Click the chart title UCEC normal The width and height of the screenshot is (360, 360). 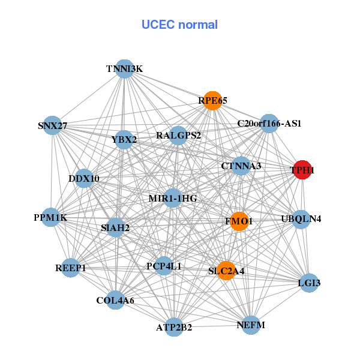coord(179,25)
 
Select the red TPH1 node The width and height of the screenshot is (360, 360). coord(301,170)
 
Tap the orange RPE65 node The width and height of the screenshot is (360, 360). coord(213,101)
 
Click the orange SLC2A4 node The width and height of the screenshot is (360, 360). coord(226,271)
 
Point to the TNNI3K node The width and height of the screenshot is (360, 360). coord(124,69)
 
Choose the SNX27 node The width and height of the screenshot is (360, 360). coord(52,125)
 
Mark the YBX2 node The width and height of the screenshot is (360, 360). coord(124,140)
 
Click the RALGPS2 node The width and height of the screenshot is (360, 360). coord(178,136)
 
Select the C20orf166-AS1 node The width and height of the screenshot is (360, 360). coord(269,124)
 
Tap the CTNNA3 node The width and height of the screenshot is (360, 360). coord(241,166)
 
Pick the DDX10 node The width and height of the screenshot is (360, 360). coord(84,178)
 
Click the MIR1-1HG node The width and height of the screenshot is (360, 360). coord(173,198)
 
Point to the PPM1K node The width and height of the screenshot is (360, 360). coord(50,217)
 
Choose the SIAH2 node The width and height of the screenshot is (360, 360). coord(115,227)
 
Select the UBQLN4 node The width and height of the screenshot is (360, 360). coord(301,218)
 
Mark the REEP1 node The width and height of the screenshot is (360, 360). coord(71,268)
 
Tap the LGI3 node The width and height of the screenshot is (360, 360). coord(308,283)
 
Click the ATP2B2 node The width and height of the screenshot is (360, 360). coord(174,327)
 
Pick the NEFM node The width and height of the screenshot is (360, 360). coord(251,325)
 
